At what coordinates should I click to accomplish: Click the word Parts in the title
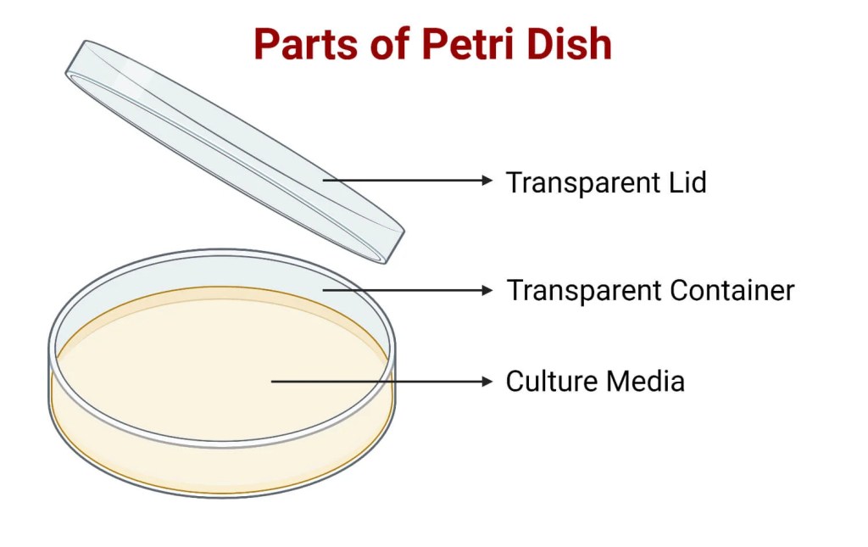[305, 44]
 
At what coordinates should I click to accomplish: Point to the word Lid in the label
[687, 182]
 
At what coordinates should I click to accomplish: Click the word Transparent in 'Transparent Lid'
[583, 183]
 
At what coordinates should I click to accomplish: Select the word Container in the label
[732, 291]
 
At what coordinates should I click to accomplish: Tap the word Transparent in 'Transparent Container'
[583, 291]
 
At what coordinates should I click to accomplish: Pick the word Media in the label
[645, 381]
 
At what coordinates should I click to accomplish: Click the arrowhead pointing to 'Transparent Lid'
[487, 180]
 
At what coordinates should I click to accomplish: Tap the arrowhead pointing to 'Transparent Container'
[487, 290]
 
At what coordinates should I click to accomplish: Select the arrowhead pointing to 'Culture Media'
[487, 382]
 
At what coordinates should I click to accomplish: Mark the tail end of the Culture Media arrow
[271, 382]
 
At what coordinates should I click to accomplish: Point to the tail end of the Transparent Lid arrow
[323, 180]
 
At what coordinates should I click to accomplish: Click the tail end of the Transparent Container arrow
[323, 290]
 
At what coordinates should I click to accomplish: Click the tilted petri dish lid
[236, 151]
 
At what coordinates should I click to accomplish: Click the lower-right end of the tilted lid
[394, 247]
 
